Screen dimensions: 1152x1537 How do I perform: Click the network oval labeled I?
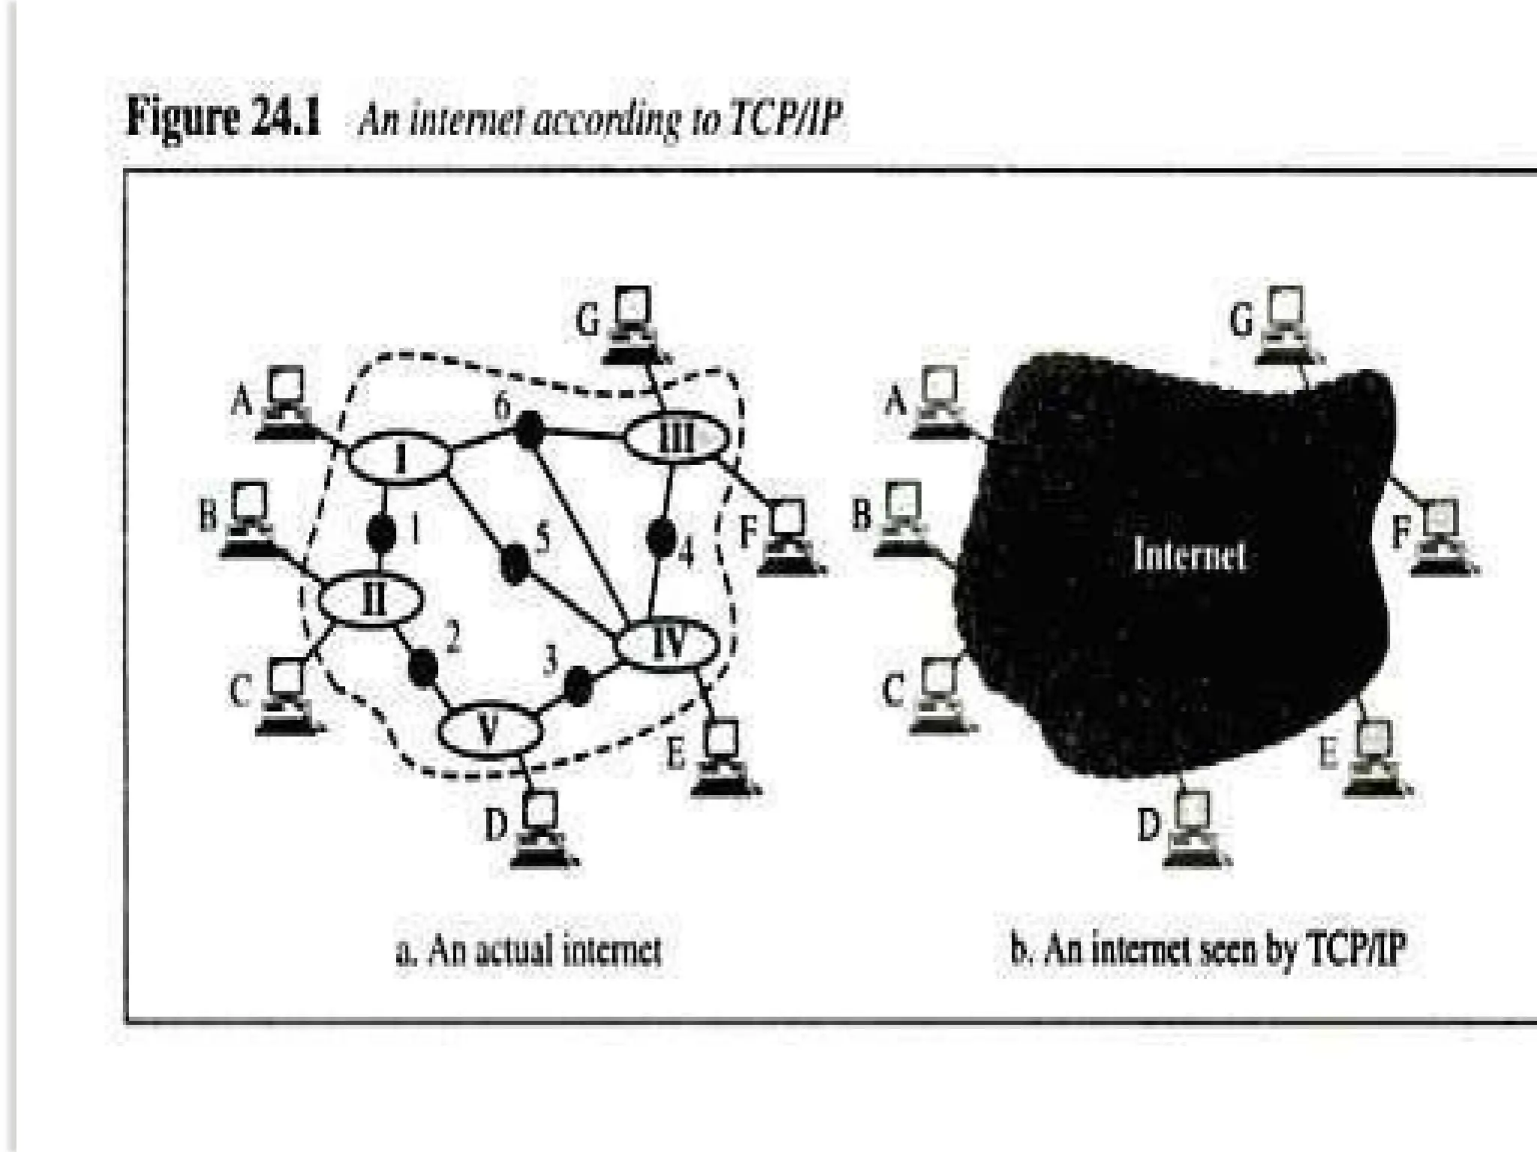[399, 458]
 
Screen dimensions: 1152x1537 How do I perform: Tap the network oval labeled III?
[676, 437]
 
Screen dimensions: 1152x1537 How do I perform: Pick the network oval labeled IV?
[666, 643]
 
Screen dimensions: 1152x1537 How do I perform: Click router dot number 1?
[381, 532]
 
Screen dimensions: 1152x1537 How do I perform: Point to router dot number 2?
[424, 667]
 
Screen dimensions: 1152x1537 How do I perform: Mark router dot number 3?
[578, 685]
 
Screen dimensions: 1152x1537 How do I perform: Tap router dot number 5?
[515, 563]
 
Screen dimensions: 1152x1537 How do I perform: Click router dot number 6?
[529, 430]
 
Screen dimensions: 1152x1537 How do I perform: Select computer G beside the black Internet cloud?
[1285, 325]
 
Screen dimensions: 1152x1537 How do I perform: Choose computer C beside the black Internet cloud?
[938, 695]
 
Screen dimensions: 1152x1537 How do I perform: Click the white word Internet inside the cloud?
[1190, 556]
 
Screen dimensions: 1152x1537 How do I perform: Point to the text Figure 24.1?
[223, 118]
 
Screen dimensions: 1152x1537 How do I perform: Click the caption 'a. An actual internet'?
[528, 950]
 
